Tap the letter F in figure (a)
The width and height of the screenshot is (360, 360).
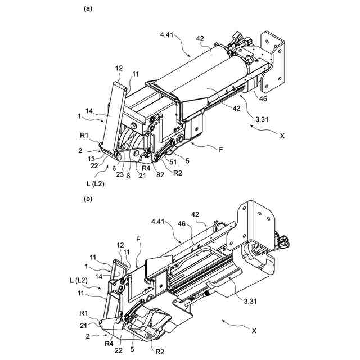pos(220,150)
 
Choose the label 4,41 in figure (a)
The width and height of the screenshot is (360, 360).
pos(168,35)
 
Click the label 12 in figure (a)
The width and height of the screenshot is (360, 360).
pos(119,67)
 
